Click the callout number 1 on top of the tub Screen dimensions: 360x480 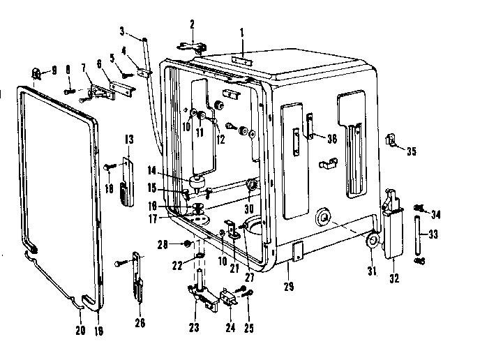(x=241, y=32)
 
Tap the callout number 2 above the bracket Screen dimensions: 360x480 (x=193, y=25)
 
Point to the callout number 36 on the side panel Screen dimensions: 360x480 (x=331, y=138)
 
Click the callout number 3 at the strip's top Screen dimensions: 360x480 (x=122, y=31)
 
